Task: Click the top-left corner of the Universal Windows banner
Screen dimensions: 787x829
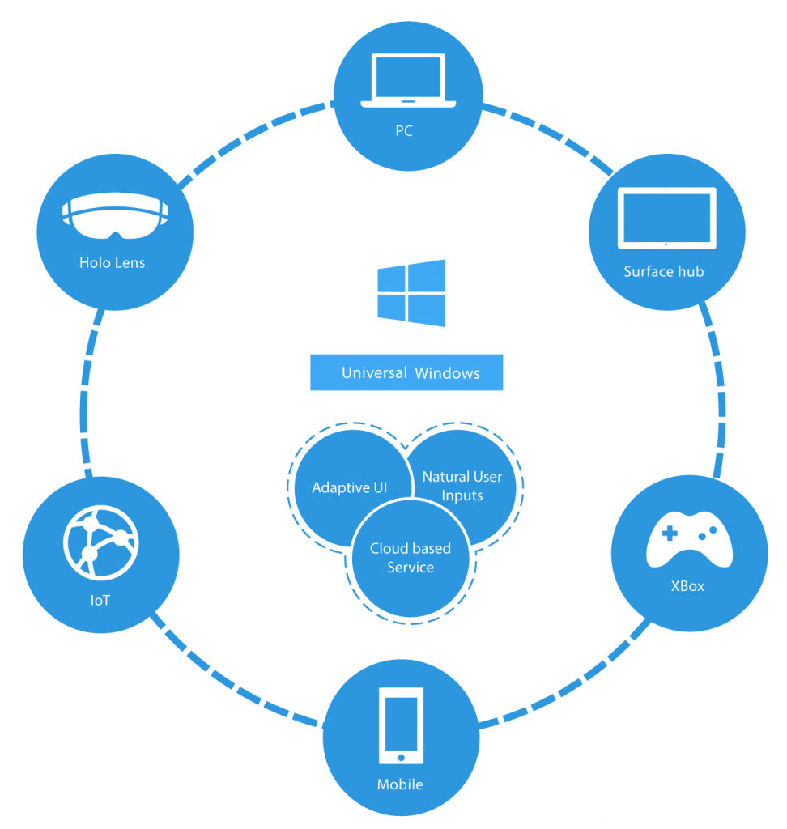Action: (x=310, y=355)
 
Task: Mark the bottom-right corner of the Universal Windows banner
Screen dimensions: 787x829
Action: (x=503, y=391)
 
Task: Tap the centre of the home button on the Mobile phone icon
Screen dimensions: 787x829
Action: (x=401, y=758)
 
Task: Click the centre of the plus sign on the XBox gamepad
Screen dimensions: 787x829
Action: (x=670, y=533)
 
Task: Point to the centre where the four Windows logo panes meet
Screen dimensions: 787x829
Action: (x=406, y=293)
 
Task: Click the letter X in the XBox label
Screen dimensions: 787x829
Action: (x=675, y=586)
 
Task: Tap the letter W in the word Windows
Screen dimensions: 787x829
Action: (x=422, y=373)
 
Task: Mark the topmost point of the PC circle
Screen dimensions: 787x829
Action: (x=408, y=22)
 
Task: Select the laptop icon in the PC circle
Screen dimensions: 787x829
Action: (x=408, y=80)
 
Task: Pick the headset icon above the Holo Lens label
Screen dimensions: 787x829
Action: (x=115, y=215)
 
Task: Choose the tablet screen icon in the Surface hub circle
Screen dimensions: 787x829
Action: (x=667, y=218)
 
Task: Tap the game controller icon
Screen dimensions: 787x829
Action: (x=690, y=539)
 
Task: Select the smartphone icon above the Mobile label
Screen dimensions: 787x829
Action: (x=401, y=725)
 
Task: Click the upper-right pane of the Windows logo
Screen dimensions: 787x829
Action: (x=427, y=276)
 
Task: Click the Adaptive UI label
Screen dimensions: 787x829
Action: (x=350, y=487)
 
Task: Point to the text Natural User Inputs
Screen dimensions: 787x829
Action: (x=462, y=486)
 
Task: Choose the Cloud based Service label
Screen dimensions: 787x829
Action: (x=411, y=558)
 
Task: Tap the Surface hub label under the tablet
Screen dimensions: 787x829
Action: (x=664, y=272)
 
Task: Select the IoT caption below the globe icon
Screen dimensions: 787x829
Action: (x=100, y=601)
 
